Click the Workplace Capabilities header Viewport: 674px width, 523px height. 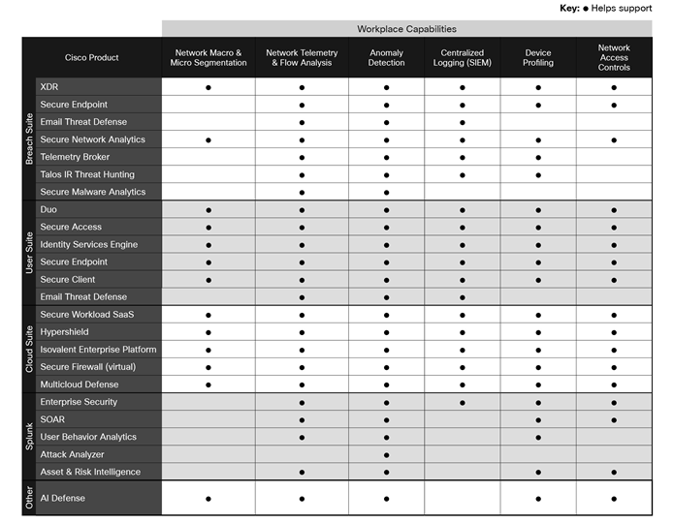[406, 29]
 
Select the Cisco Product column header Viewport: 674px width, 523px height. [91, 57]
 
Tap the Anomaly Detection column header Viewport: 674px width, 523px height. [386, 57]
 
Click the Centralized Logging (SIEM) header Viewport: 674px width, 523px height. [462, 57]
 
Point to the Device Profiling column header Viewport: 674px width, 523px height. [538, 57]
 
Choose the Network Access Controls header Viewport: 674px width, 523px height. [614, 57]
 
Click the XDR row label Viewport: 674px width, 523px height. [49, 87]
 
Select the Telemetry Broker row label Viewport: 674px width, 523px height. [75, 157]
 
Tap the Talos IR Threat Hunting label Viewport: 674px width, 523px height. [87, 174]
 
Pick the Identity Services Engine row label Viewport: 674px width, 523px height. [88, 244]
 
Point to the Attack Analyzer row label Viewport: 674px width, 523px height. [72, 454]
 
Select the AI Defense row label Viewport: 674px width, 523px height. [63, 498]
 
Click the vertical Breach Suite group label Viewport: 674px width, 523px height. [28, 139]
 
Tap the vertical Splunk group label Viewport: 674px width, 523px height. [28, 437]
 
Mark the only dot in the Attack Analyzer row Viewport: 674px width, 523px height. [386, 454]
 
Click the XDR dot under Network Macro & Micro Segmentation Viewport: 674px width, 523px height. [209, 87]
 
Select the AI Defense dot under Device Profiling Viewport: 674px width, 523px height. [538, 498]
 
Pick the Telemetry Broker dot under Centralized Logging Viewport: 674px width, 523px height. [462, 157]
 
